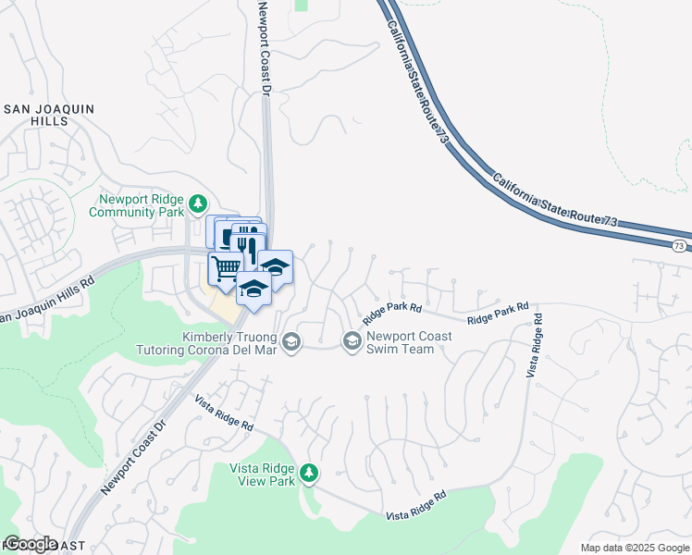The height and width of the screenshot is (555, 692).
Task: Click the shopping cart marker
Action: pos(227,268)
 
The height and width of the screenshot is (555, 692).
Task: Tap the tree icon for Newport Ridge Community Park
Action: pos(197,203)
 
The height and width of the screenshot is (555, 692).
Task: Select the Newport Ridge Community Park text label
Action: pos(136,205)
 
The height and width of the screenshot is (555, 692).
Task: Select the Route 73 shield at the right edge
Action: pos(679,245)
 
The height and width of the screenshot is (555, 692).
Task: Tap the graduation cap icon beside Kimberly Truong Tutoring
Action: pos(291,343)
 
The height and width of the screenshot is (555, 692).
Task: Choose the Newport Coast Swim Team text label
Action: pos(409,342)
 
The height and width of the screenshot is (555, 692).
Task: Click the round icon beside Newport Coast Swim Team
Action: pos(352,342)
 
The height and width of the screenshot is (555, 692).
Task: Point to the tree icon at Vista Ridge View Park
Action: pos(310,475)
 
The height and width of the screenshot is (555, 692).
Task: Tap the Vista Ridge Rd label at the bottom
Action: pos(416,506)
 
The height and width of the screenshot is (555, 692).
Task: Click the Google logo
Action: pos(30,544)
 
